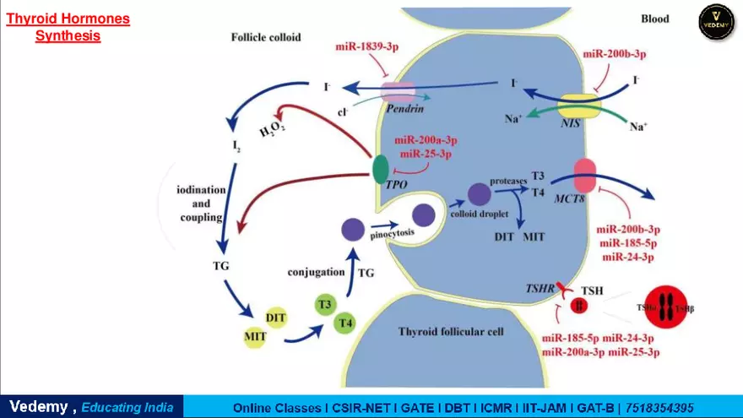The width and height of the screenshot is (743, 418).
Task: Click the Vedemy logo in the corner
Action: (716, 22)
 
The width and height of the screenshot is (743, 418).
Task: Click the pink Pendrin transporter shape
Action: (398, 92)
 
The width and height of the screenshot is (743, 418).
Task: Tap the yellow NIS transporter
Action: (583, 105)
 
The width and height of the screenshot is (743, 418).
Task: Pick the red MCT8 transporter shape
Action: (585, 176)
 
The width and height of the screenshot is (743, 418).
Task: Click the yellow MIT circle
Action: (256, 336)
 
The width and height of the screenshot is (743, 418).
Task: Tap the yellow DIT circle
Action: (276, 317)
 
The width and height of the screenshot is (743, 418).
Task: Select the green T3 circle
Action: (324, 303)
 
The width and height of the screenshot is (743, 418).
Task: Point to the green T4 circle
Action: (344, 323)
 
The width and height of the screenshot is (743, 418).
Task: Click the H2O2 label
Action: (274, 128)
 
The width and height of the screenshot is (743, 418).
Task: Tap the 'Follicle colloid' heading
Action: (266, 37)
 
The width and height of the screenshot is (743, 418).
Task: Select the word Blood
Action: (654, 19)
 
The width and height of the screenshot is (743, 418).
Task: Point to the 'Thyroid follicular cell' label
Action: (451, 332)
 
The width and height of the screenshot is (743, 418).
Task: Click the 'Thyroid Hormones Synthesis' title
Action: (68, 27)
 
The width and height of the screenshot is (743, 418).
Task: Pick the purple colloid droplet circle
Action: (480, 195)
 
